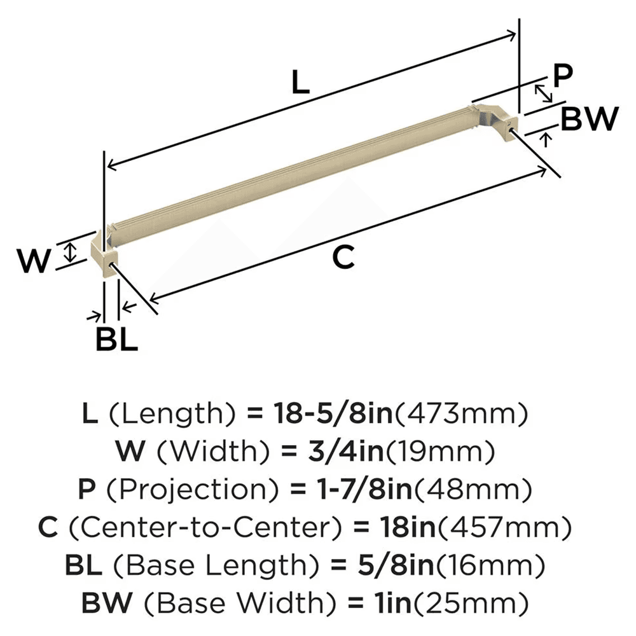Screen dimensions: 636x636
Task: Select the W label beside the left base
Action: (34, 261)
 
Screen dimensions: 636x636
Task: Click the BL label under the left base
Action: (116, 341)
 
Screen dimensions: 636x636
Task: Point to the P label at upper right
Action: (562, 76)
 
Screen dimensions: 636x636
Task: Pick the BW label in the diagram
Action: (591, 118)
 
